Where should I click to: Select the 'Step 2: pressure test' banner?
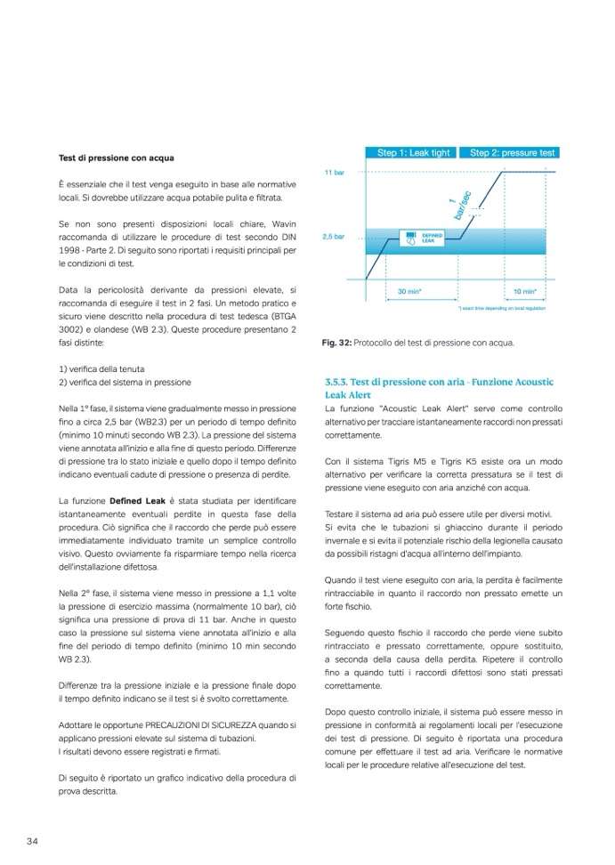click(512, 152)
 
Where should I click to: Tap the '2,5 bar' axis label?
click(334, 238)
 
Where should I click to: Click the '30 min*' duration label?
click(409, 290)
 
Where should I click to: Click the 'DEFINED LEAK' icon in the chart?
click(412, 239)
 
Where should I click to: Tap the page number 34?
click(31, 841)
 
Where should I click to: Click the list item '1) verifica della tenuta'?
click(101, 368)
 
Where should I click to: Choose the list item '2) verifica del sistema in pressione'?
click(124, 382)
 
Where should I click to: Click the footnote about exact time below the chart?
click(501, 309)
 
